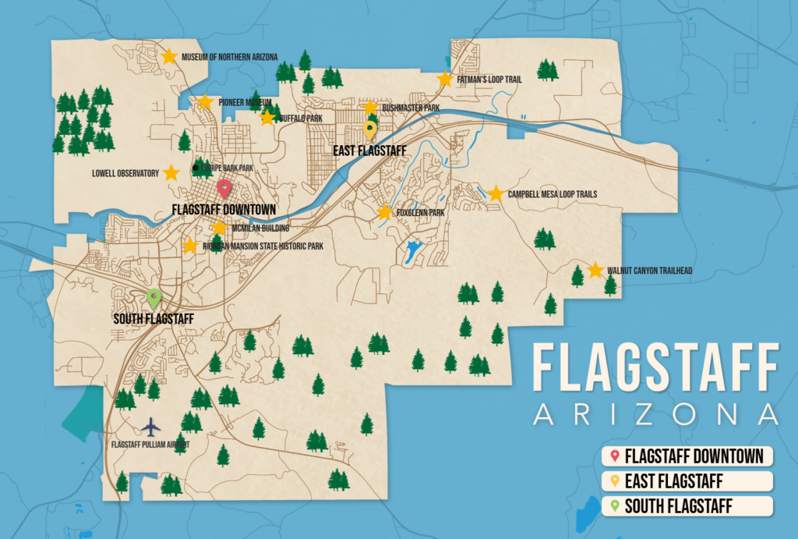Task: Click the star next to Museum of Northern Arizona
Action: tap(169, 56)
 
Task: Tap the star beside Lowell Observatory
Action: tap(171, 172)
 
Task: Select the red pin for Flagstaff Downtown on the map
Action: tap(224, 188)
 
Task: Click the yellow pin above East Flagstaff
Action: tap(370, 129)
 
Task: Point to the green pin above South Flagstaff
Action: tap(154, 297)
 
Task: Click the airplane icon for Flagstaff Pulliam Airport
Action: tap(150, 427)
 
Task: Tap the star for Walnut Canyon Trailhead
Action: tap(595, 270)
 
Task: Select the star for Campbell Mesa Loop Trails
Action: tap(495, 193)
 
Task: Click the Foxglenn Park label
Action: tap(420, 212)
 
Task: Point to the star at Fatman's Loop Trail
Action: tap(445, 79)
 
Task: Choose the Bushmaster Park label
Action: tap(411, 108)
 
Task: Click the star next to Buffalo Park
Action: tap(267, 118)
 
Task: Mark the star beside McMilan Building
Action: tap(219, 227)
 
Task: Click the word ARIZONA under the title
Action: tap(655, 414)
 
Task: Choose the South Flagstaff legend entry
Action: tap(678, 506)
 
